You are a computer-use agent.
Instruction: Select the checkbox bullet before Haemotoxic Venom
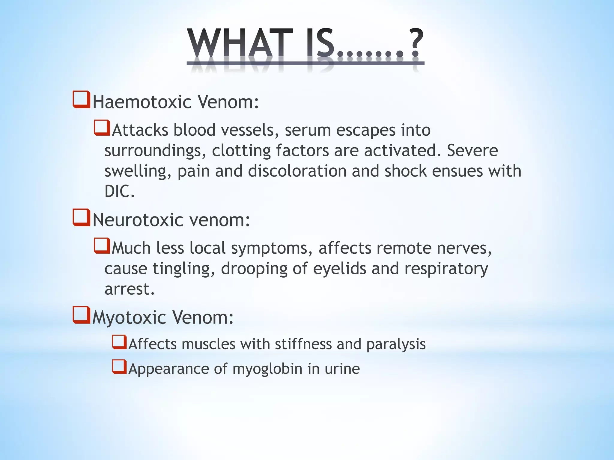[81, 99]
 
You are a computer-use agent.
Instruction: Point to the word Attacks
[140, 130]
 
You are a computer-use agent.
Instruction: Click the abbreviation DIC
[119, 191]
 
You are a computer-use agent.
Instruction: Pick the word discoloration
[297, 171]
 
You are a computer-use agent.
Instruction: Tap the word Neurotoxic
[138, 220]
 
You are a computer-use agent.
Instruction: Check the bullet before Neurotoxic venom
[81, 217]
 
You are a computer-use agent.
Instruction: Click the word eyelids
[339, 269]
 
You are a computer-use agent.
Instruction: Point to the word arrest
[130, 289]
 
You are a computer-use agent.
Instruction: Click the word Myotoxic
[129, 318]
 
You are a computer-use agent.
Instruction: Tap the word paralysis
[396, 344]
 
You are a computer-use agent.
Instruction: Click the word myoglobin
[267, 369]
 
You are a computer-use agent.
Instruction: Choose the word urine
[342, 369]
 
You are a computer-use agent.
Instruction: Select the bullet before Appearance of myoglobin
[119, 367]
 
